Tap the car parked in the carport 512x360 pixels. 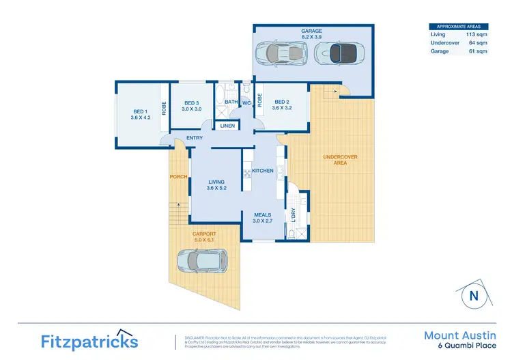(203, 260)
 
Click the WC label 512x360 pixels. (246, 103)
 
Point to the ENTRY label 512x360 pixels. (195, 139)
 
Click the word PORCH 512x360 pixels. (179, 177)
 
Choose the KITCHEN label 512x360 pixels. (263, 170)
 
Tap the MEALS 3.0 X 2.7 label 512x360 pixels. (263, 217)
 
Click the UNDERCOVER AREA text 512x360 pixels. (340, 161)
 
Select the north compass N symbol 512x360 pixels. (472, 296)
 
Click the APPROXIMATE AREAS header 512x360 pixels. (458, 26)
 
